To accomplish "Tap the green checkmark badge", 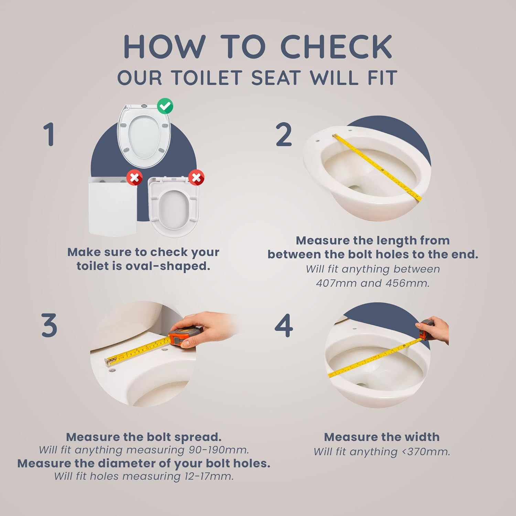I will click(165, 106).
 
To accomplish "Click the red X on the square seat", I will click(135, 178).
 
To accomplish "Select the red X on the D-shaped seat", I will click(196, 178).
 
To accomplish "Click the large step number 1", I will click(49, 135).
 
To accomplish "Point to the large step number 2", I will click(284, 135).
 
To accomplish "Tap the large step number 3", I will click(49, 325).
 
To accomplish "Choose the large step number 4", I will click(284, 325).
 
